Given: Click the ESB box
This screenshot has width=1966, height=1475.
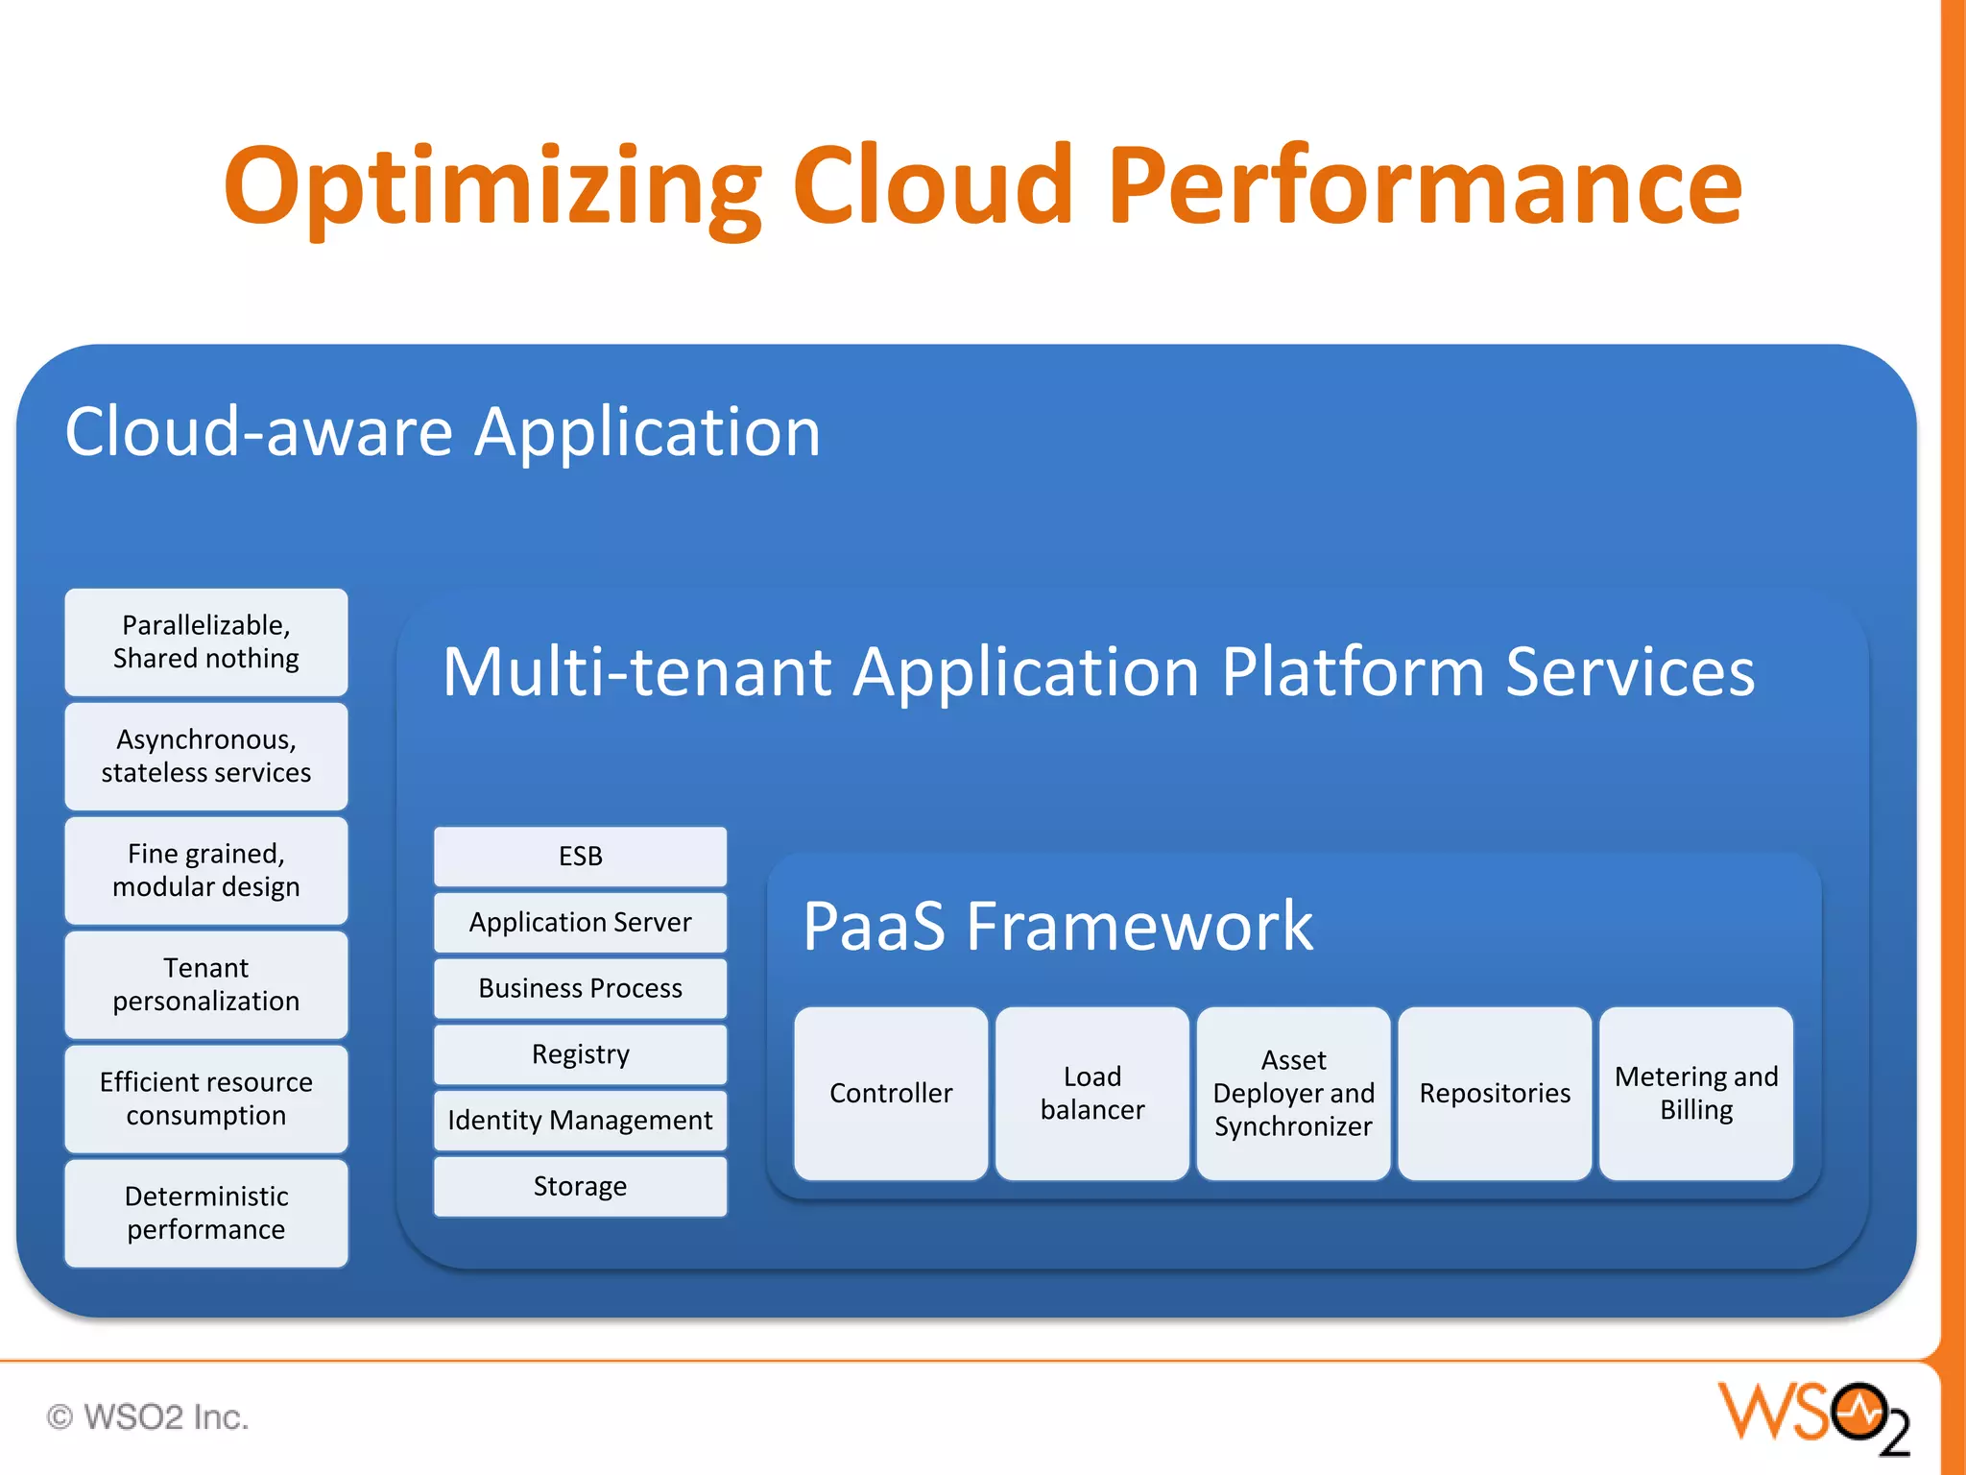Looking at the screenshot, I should pyautogui.click(x=580, y=856).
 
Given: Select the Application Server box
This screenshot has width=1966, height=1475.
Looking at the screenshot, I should pyautogui.click(x=580, y=922).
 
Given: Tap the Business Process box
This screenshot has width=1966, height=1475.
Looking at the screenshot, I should pyautogui.click(x=580, y=988).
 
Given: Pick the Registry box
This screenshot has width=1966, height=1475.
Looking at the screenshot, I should pyautogui.click(x=580, y=1053).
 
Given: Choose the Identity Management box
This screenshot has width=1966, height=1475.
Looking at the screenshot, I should pyautogui.click(x=580, y=1120).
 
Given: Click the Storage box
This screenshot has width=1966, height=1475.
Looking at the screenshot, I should pyautogui.click(x=580, y=1186).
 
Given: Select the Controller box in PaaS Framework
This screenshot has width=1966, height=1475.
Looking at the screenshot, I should pyautogui.click(x=891, y=1093).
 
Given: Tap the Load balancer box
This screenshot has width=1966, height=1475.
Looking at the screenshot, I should pyautogui.click(x=1092, y=1093).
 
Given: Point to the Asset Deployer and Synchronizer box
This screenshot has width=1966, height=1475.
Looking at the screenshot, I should pyautogui.click(x=1293, y=1093).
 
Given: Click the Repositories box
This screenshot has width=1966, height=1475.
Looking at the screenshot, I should pyautogui.click(x=1495, y=1093).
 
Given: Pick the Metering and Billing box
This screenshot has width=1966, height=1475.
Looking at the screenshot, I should pyautogui.click(x=1696, y=1093).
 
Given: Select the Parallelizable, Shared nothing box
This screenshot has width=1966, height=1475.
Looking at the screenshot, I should pyautogui.click(x=206, y=641).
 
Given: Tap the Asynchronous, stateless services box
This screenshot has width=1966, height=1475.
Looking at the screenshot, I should pyautogui.click(x=206, y=756).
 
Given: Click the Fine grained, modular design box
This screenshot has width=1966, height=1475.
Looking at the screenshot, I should pyautogui.click(x=206, y=870).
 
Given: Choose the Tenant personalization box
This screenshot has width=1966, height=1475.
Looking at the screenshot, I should pyautogui.click(x=206, y=984).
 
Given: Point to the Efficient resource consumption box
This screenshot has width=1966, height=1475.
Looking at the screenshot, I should pyautogui.click(x=206, y=1099).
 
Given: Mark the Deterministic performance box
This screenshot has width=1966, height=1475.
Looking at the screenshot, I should pyautogui.click(x=206, y=1213).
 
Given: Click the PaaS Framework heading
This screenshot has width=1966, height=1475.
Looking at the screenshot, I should pyautogui.click(x=1057, y=926).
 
